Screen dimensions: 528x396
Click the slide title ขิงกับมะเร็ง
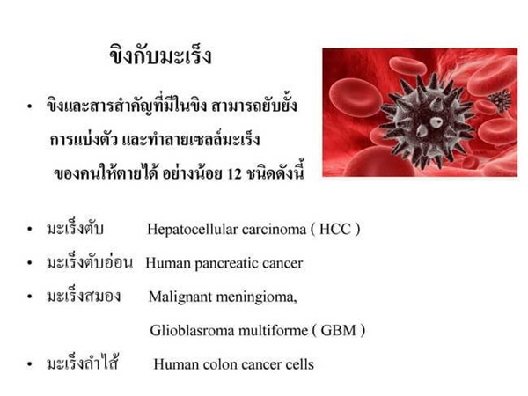[x=161, y=55]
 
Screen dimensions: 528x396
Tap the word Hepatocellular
[x=192, y=230]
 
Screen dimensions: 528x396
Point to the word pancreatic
[x=226, y=264]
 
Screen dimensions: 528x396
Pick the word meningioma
[x=256, y=297]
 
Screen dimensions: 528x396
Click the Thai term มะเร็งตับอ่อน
[x=90, y=261]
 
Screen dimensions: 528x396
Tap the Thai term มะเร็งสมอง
[x=84, y=296]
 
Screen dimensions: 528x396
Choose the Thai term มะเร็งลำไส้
[x=83, y=363]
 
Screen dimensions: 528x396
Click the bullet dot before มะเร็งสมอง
[x=30, y=297]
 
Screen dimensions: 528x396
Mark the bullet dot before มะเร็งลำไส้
[x=30, y=364]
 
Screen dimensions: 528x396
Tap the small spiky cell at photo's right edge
[x=501, y=100]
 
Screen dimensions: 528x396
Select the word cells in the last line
[x=300, y=364]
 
